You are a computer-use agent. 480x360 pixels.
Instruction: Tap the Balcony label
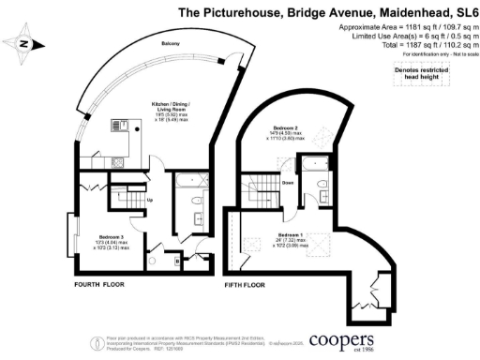(x=171, y=44)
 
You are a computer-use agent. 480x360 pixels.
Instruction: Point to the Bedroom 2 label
(x=286, y=127)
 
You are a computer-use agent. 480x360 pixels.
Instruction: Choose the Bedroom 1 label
(x=290, y=234)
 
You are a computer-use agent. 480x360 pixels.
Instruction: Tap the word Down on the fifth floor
(x=289, y=183)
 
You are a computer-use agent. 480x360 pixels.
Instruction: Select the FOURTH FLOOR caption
(x=102, y=282)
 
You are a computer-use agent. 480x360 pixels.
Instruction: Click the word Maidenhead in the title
(x=373, y=12)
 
